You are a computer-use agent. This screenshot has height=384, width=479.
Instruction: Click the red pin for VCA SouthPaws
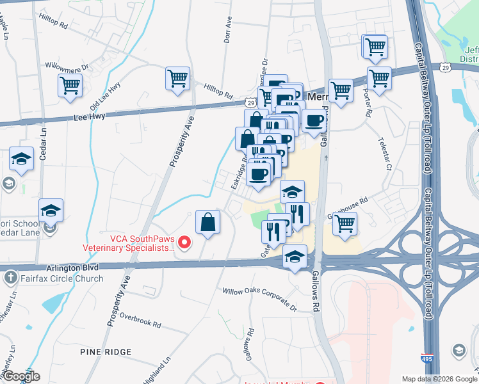point(185,242)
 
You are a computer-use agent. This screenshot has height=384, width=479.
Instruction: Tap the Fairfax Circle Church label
point(61,278)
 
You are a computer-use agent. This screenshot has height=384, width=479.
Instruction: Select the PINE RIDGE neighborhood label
point(106,352)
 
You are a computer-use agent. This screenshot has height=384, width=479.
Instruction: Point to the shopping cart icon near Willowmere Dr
point(70,86)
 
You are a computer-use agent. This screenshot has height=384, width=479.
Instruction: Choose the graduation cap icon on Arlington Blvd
point(294,257)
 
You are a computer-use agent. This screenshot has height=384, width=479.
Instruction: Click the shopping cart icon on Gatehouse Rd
point(345,224)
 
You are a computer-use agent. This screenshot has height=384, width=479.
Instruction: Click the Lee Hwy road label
point(89,118)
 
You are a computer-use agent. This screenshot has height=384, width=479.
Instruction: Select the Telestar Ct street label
point(386,154)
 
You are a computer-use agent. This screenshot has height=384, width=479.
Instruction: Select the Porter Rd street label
point(368,104)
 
